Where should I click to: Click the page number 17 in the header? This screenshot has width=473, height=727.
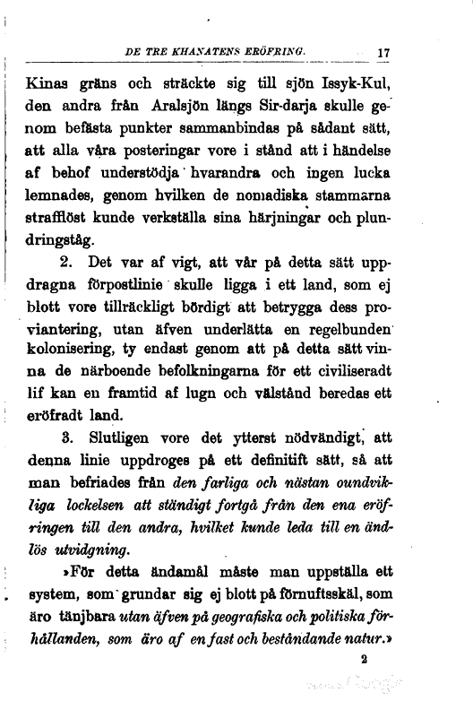point(383,53)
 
